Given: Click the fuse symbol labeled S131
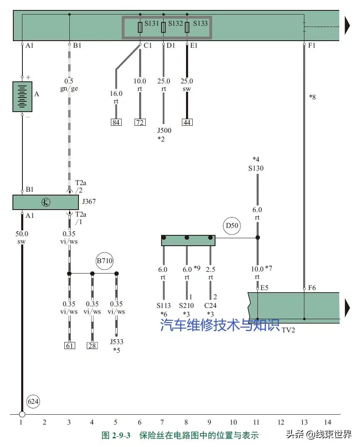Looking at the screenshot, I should coord(140,27).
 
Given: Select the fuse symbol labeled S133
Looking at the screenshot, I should coord(187,27).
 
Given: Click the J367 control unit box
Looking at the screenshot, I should coord(46,203).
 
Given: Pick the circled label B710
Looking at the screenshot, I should coord(105,261).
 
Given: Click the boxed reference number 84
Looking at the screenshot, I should coord(116,122).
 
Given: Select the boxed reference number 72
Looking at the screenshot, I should coord(140,122).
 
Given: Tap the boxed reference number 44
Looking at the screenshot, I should coord(187,122).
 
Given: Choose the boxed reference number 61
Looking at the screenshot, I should coord(69,345).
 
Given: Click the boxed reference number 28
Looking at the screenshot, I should coord(92,345).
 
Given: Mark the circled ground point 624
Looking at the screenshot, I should coord(33,401).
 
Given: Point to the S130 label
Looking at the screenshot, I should coord(256,168).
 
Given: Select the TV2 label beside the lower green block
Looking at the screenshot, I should coord(288,330).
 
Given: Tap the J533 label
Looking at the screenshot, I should coord(117,342).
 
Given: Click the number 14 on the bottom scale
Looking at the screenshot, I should coord(328,422).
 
